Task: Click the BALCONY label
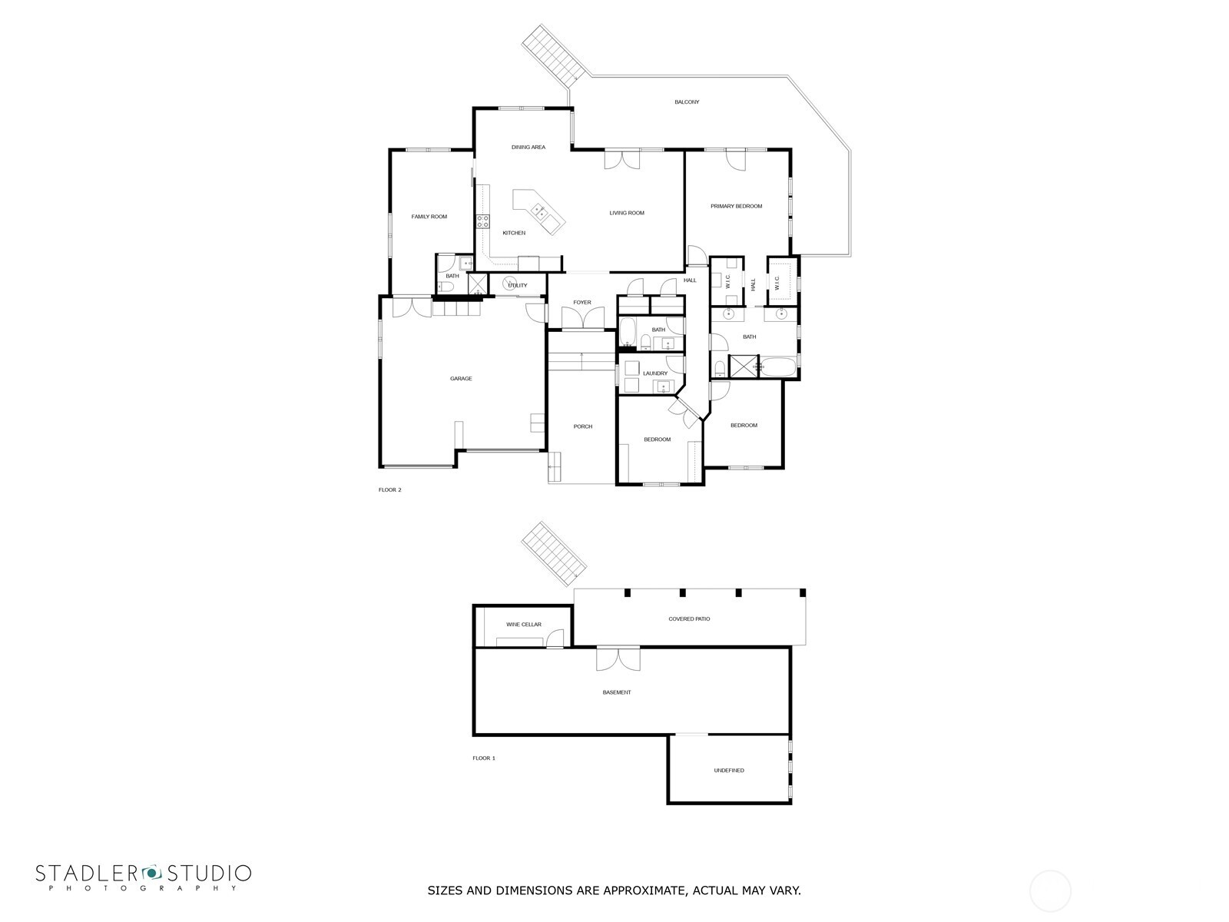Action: (x=686, y=102)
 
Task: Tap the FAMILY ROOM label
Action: (x=429, y=217)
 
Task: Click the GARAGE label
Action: (x=461, y=379)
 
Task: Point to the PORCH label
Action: (x=582, y=426)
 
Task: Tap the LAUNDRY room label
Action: (x=655, y=373)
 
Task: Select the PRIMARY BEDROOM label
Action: (x=736, y=206)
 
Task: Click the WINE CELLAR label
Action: (x=523, y=625)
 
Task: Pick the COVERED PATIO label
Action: (x=689, y=619)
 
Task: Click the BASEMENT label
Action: (x=616, y=692)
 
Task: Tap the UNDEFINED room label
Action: (x=728, y=770)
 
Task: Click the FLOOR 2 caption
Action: (x=389, y=489)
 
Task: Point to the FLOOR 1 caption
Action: (x=483, y=758)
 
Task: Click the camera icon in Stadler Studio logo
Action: (x=152, y=873)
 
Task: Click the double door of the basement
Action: (x=618, y=658)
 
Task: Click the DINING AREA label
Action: (x=528, y=147)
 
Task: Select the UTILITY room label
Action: (x=518, y=286)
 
